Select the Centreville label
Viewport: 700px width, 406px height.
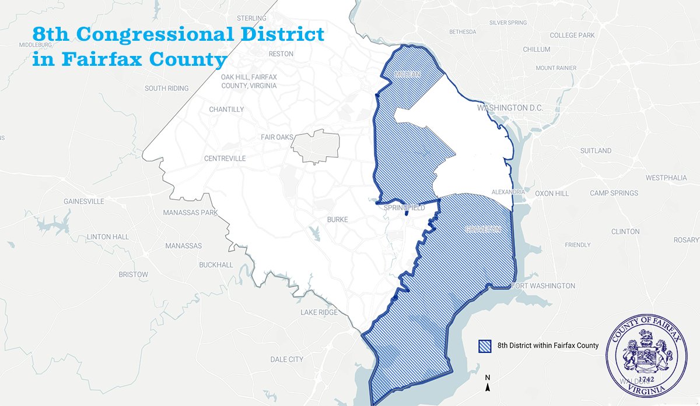225,158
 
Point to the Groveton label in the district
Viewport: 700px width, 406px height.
483,230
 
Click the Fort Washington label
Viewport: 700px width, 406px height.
543,286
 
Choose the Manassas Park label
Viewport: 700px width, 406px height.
190,213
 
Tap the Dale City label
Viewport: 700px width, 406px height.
287,359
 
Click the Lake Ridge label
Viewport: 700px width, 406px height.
319,313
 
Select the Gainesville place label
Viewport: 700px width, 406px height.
84,202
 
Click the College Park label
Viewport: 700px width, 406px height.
572,36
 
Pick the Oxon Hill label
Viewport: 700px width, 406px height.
551,193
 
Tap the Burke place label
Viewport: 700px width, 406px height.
338,220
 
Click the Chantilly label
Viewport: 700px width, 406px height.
226,110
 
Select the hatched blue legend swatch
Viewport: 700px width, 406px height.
485,345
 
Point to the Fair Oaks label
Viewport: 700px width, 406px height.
277,137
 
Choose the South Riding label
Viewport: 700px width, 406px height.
167,89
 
